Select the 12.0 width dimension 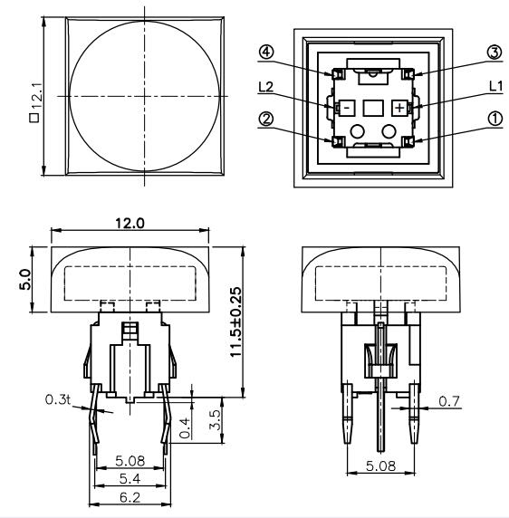click(132, 223)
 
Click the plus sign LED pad click(398, 107)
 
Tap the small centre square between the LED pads click(371, 107)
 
